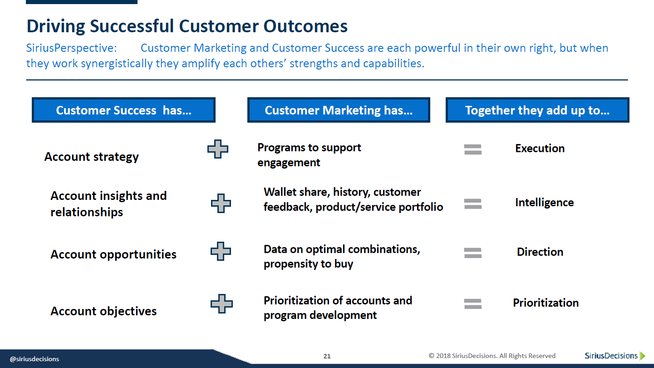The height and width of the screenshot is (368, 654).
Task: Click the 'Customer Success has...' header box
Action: [123, 110]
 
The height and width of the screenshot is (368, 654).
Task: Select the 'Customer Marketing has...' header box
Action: [339, 110]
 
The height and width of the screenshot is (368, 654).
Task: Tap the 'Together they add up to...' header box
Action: [537, 110]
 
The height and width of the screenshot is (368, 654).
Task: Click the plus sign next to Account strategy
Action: [218, 149]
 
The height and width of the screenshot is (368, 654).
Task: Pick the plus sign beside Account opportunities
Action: [221, 251]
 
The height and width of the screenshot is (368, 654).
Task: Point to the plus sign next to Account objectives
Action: [221, 303]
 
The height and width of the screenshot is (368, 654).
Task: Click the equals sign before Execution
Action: [473, 149]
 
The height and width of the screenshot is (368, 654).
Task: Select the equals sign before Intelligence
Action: [473, 204]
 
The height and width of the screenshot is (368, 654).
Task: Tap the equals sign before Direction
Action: [473, 253]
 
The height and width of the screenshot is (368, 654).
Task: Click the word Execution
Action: [540, 149]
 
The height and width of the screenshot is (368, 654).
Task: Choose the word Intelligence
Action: [545, 203]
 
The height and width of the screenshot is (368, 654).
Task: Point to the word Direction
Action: [540, 252]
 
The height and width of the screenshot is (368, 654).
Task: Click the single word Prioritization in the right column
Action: [546, 303]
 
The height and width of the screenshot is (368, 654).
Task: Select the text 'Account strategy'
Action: [91, 157]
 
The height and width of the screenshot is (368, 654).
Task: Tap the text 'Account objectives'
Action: [103, 312]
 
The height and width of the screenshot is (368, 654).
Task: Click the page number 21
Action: [327, 356]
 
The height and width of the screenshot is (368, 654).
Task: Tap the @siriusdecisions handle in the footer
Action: [34, 359]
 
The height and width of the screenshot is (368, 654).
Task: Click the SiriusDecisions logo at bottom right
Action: [615, 356]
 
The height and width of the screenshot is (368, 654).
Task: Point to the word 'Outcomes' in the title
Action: [305, 26]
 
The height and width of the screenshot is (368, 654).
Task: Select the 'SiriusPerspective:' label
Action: [72, 48]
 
